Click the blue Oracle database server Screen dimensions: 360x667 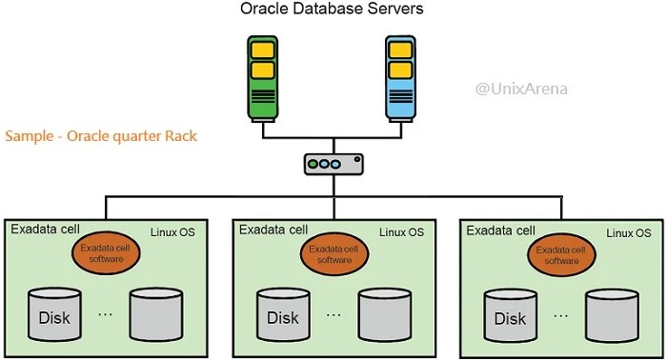click(x=400, y=79)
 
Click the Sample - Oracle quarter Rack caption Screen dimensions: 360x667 click(x=101, y=136)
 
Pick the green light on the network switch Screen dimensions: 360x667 click(x=313, y=164)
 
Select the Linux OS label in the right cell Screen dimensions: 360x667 click(x=630, y=233)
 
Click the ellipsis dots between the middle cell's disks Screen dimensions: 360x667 click(x=333, y=314)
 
